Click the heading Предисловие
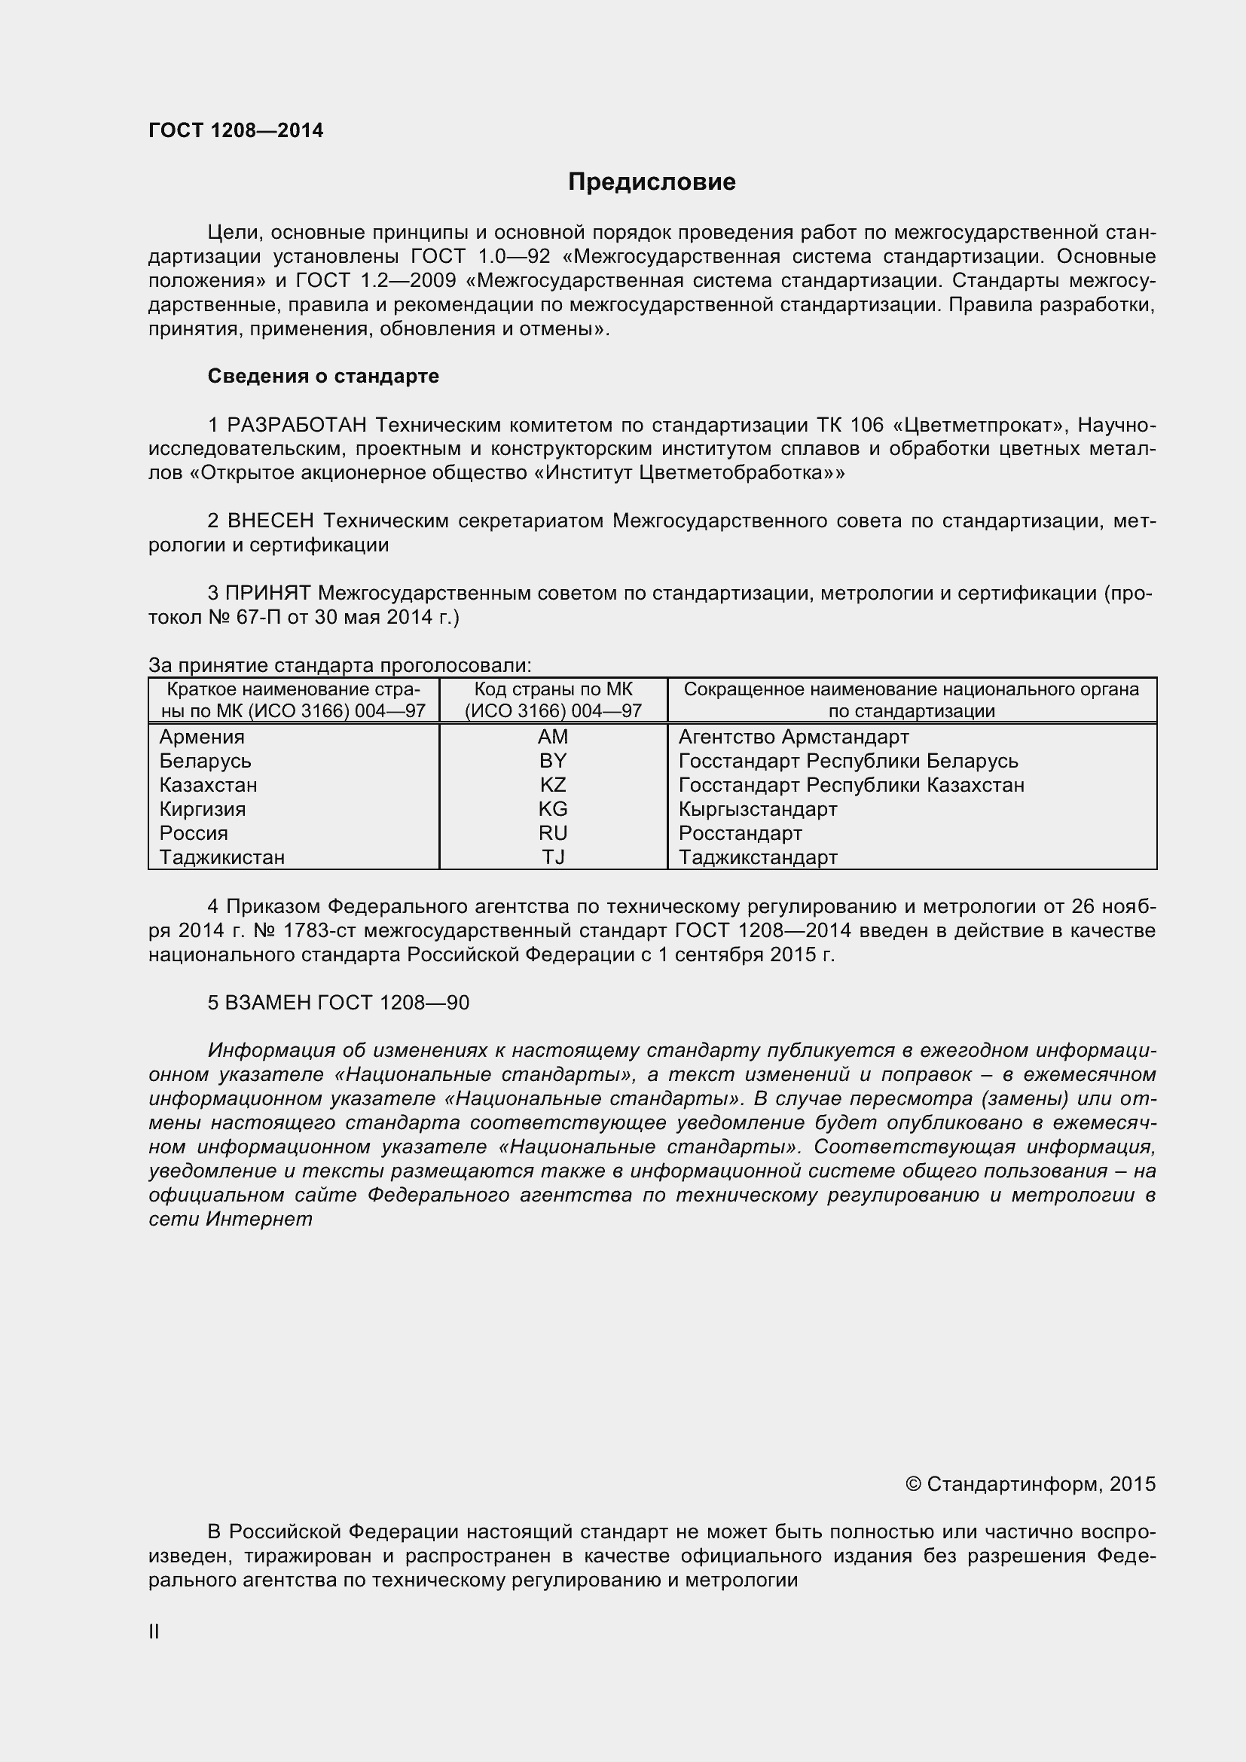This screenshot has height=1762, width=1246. (x=652, y=182)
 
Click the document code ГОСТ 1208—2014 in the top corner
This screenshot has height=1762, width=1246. (x=236, y=130)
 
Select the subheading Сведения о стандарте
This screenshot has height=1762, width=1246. (x=323, y=376)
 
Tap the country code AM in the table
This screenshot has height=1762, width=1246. (x=552, y=737)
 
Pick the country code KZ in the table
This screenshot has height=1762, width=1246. (x=552, y=785)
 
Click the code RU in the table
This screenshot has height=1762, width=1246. (x=552, y=833)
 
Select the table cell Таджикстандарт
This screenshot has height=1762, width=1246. (x=757, y=857)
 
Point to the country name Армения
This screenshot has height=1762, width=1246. (x=202, y=737)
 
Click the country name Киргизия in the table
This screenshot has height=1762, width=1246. (x=203, y=809)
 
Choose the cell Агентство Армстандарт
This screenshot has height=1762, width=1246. (x=793, y=737)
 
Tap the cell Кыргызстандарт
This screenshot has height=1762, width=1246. (x=757, y=809)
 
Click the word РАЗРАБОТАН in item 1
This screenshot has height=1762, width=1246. (x=297, y=424)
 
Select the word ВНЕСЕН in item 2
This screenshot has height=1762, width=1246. (x=271, y=521)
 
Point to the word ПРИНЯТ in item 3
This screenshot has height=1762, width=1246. (x=267, y=593)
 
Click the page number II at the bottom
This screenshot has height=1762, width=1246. (x=154, y=1632)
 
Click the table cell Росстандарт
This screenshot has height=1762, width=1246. (x=740, y=833)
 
